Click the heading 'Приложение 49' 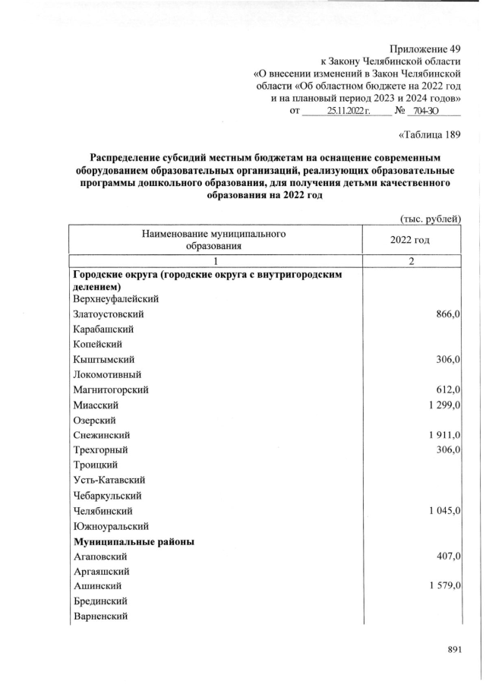coord(427,48)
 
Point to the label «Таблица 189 coord(430,136)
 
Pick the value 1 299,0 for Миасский coord(443,405)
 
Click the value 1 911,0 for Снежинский coord(443,435)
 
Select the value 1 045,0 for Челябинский coord(443,510)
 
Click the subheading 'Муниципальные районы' coord(134,542)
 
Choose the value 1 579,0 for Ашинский coord(443,587)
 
